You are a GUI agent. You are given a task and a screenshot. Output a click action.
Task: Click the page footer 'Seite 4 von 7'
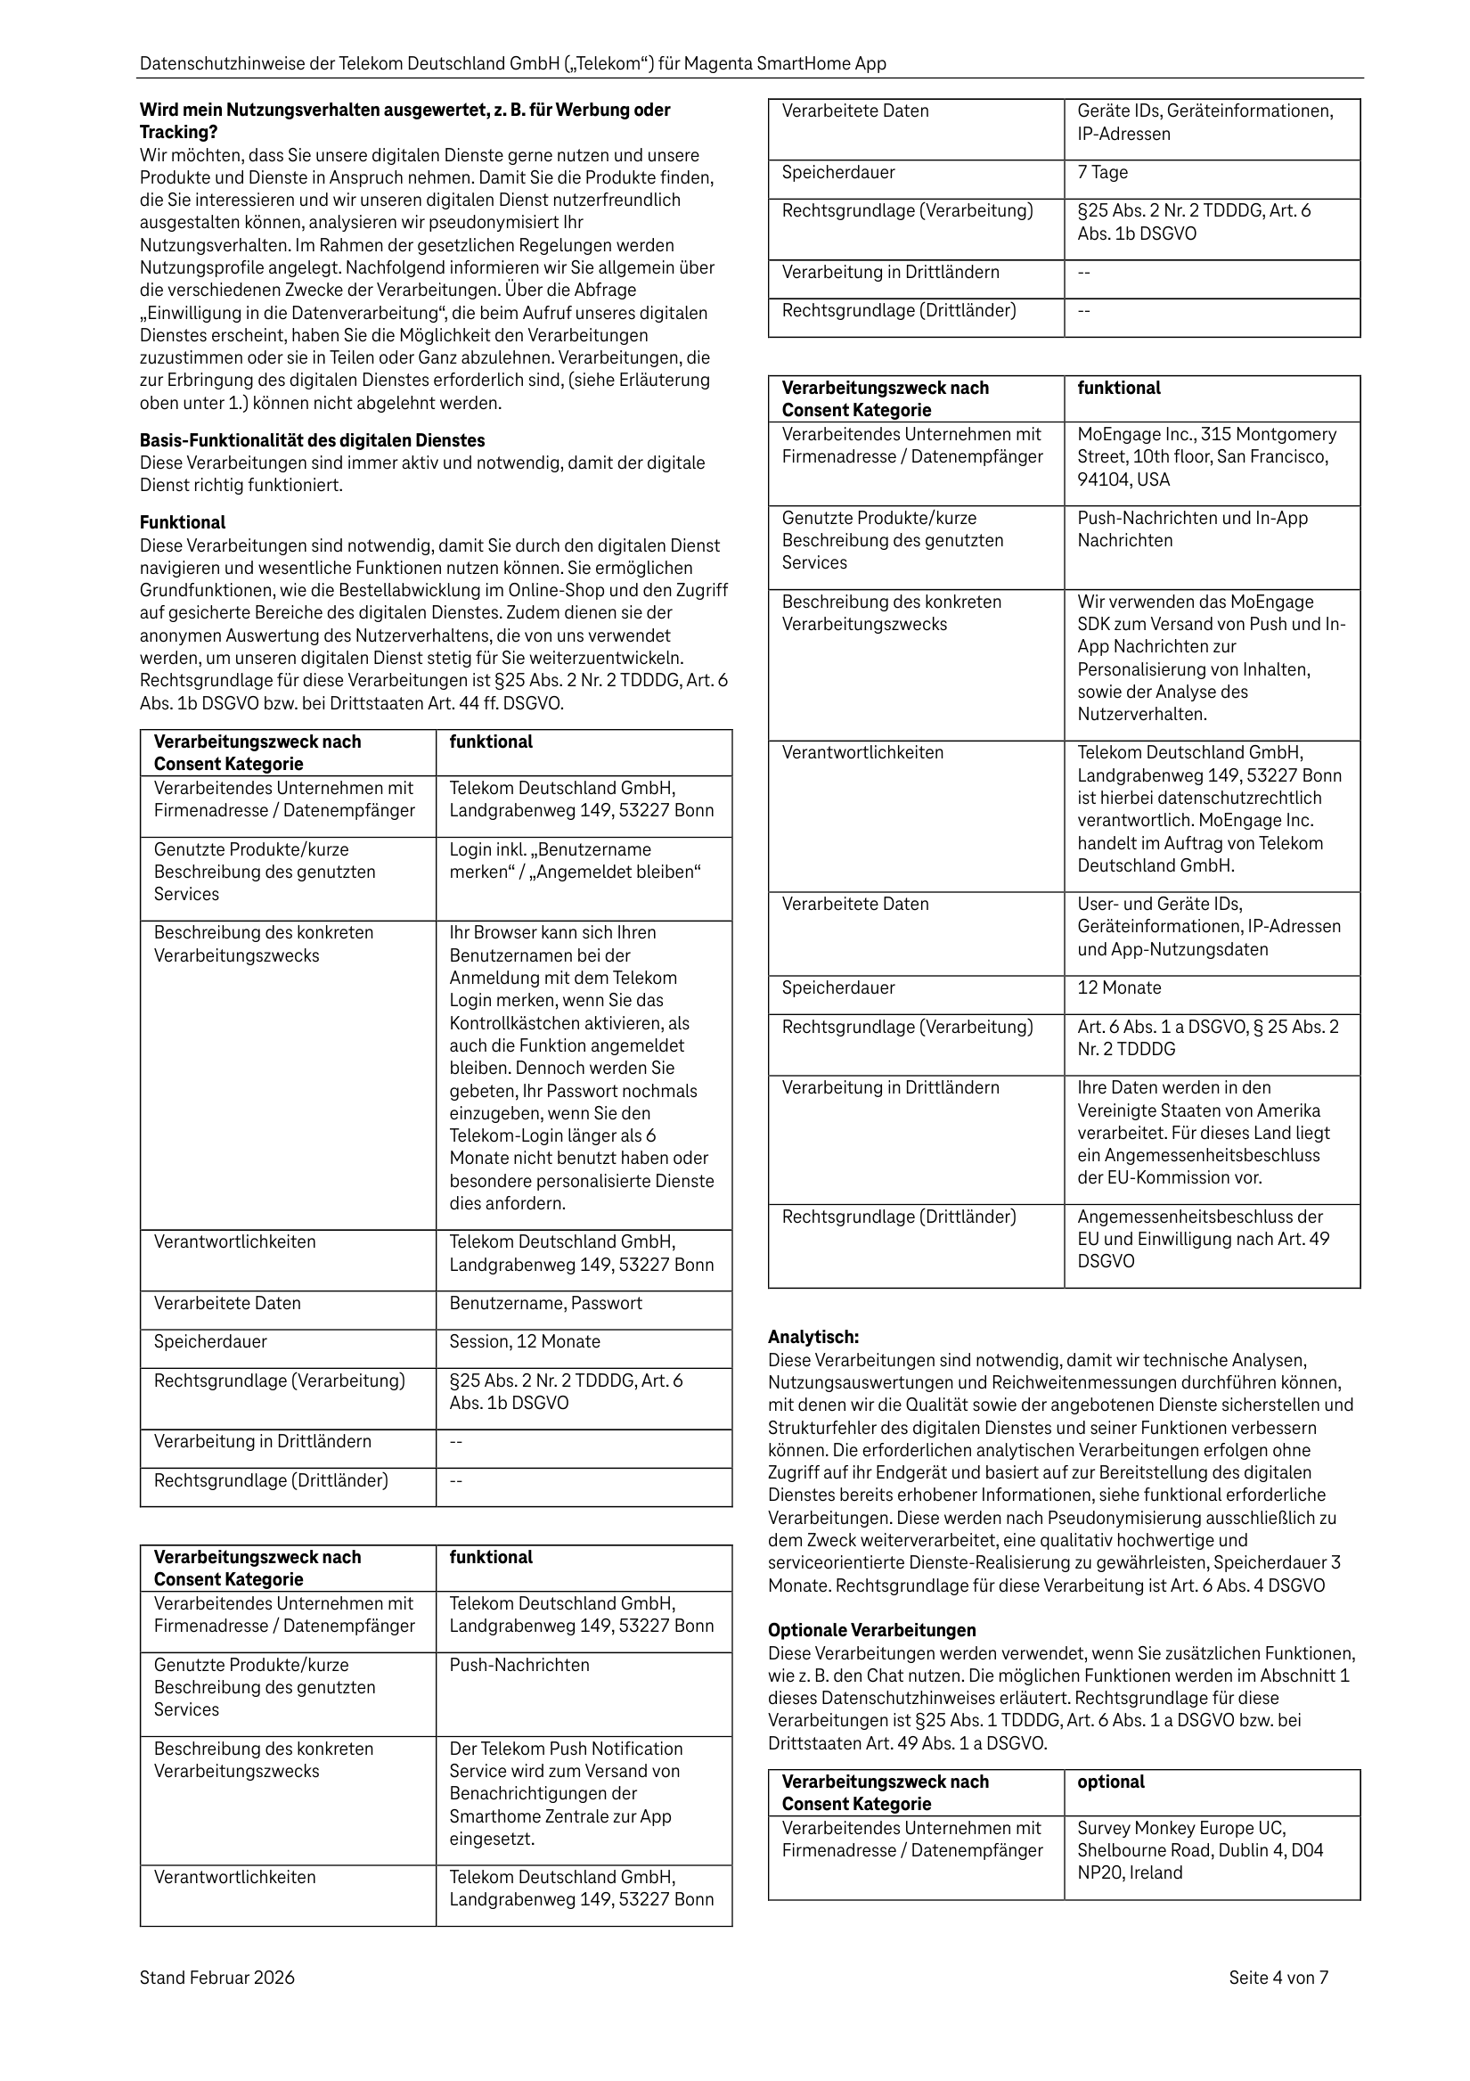coord(1278,1977)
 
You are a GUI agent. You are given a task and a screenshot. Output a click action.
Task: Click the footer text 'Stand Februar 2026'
coord(216,1977)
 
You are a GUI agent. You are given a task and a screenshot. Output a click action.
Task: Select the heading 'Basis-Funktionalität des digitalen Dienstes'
coord(312,440)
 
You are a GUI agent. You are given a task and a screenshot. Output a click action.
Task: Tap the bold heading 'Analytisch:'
coord(813,1337)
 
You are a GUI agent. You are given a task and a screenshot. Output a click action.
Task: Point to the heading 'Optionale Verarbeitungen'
coord(872,1630)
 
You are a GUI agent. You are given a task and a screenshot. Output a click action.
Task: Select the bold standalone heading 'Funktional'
coord(182,522)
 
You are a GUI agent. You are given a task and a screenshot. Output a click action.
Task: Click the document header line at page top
coord(512,64)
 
